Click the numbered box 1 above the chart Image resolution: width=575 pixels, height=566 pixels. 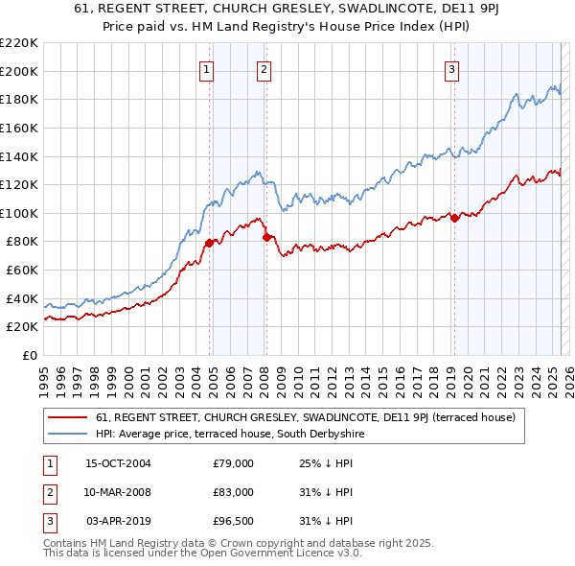207,68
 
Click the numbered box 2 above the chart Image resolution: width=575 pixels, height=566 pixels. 264,68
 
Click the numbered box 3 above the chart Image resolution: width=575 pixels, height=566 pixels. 450,68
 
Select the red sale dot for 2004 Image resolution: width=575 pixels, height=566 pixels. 209,243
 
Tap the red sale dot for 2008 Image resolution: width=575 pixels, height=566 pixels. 266,237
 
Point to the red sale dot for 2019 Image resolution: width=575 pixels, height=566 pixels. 454,218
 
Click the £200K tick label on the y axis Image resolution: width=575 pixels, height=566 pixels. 19,71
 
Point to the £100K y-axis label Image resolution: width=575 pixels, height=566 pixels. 19,213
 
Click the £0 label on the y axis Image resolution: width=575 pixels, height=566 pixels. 30,355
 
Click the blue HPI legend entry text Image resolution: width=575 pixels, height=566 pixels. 230,434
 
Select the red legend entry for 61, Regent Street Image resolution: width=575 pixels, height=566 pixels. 306,417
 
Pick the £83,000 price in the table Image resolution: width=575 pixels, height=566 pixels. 233,492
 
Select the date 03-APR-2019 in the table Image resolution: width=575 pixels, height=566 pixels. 118,521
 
